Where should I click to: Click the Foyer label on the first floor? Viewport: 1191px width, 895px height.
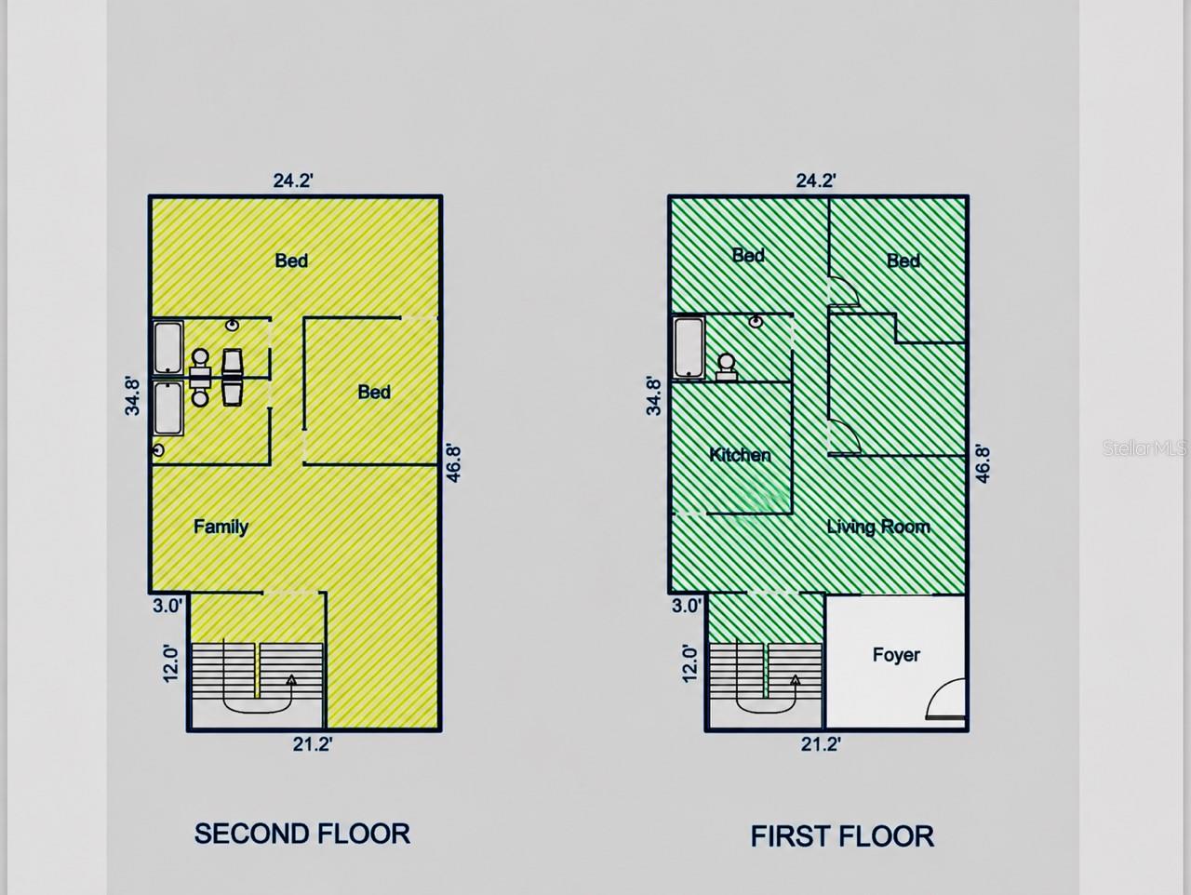click(x=896, y=655)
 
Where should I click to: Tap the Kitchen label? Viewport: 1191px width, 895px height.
click(x=740, y=455)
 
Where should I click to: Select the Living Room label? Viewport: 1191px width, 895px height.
click(x=878, y=527)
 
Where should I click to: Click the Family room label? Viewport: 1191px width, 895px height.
click(x=221, y=527)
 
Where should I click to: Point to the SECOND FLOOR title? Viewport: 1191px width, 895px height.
click(x=302, y=834)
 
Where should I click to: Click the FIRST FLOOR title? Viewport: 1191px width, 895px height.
click(x=842, y=836)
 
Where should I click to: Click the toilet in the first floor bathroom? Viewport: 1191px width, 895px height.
click(x=726, y=367)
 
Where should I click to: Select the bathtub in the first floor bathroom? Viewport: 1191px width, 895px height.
click(x=689, y=347)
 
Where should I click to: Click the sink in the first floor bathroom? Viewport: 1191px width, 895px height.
click(x=756, y=322)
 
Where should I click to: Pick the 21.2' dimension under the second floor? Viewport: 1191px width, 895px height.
click(x=313, y=745)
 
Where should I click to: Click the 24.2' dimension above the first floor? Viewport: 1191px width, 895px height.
click(x=815, y=180)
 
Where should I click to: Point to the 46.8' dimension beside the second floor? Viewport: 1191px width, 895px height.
click(x=454, y=463)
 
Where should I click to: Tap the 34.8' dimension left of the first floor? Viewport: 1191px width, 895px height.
click(x=654, y=396)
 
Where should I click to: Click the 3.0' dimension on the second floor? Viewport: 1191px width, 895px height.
click(x=167, y=606)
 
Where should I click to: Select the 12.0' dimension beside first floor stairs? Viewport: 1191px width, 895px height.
click(x=689, y=664)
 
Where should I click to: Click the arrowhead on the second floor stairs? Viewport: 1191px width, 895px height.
click(x=291, y=680)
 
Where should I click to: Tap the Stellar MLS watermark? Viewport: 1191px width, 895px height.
click(x=1144, y=448)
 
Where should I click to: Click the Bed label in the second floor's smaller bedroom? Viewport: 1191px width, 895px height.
click(x=374, y=392)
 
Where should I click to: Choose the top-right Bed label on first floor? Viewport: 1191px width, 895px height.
click(x=903, y=260)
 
